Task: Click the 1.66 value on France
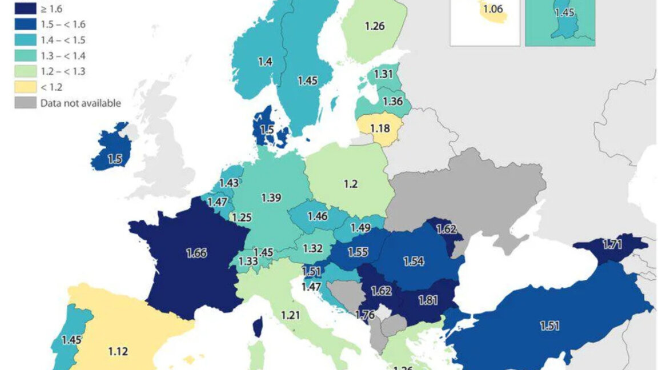[x=196, y=253]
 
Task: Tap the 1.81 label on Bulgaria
[x=428, y=299]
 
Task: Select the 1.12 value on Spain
[x=118, y=351]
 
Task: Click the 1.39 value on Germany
[x=270, y=197]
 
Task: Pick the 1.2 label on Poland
[x=350, y=184]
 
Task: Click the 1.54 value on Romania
[x=414, y=261]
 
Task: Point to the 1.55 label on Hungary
[x=357, y=251]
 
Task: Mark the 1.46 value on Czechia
[x=317, y=216]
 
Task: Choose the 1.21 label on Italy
[x=290, y=314]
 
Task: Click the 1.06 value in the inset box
[x=493, y=9]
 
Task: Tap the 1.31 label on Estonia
[x=383, y=73]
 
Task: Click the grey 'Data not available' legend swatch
[x=24, y=103]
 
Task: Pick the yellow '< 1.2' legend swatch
[x=24, y=87]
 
